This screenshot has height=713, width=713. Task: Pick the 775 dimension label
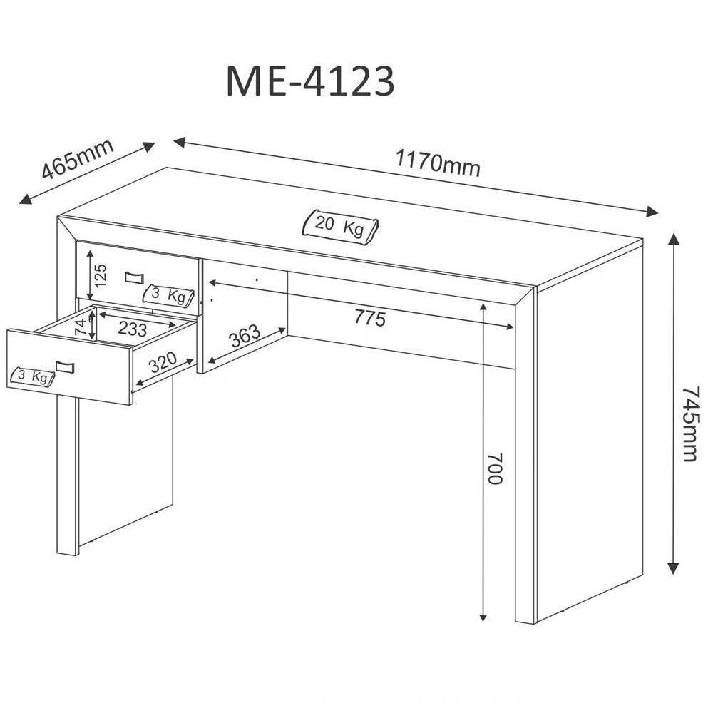(369, 318)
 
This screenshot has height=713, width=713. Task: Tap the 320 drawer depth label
(163, 364)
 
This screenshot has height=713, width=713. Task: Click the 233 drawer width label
(133, 329)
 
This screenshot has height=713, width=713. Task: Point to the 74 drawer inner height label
(82, 327)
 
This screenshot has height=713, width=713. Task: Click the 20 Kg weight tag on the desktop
(341, 226)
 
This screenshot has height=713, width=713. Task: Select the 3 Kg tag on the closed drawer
(169, 295)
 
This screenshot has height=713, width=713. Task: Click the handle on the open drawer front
(64, 366)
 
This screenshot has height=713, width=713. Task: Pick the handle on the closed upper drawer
(134, 277)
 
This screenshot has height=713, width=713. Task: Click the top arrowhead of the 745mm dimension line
(672, 238)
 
